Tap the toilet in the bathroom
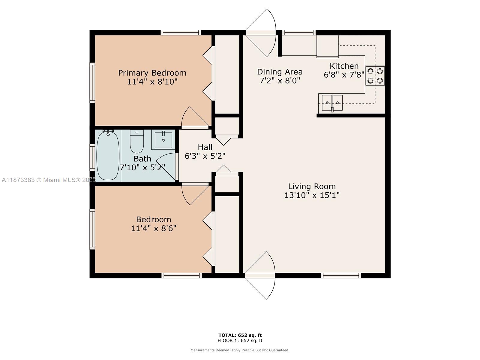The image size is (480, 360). point(137,141)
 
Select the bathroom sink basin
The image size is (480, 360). point(163,140)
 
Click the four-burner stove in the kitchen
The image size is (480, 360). point(375,76)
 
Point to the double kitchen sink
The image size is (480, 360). point(332,103)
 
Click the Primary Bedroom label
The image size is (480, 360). point(152,73)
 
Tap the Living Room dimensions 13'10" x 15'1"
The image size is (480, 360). point(312,195)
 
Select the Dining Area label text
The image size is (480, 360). point(280,72)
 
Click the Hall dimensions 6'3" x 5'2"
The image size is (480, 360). point(205,156)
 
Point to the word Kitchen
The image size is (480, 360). point(344,66)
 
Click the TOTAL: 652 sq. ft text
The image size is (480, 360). point(240,335)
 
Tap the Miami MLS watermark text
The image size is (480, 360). point(49,180)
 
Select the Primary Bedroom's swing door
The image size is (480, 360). point(195,117)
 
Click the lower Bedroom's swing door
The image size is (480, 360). point(195,194)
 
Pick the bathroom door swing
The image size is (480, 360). point(167,166)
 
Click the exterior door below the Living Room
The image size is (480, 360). point(259,276)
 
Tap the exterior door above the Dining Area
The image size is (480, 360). point(261,33)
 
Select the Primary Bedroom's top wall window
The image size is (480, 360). point(181,33)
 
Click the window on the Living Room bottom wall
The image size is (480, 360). point(341,275)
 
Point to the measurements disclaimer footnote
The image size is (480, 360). point(240,350)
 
